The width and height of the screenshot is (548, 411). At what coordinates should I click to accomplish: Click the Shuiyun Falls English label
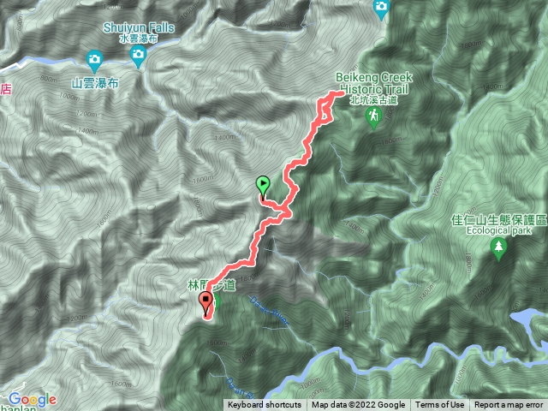[138, 27]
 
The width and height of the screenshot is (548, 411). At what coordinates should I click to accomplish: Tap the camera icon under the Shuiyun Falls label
[138, 57]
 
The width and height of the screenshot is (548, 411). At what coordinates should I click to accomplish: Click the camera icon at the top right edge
[381, 8]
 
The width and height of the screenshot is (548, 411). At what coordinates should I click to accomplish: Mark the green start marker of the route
[262, 183]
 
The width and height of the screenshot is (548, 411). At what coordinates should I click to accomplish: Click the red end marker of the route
[205, 301]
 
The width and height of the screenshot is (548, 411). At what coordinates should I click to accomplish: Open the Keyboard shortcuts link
[265, 405]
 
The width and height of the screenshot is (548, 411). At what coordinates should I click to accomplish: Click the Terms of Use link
[440, 405]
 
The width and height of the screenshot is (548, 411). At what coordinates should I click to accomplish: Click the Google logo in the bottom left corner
[33, 400]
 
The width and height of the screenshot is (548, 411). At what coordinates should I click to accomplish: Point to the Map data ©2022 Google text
[358, 405]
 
